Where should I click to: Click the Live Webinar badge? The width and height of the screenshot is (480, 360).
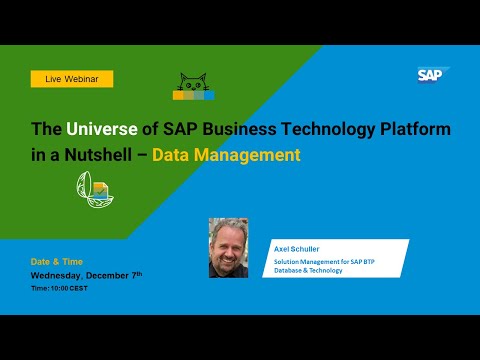(x=72, y=78)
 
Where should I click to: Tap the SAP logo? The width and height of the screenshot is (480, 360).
(x=433, y=75)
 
